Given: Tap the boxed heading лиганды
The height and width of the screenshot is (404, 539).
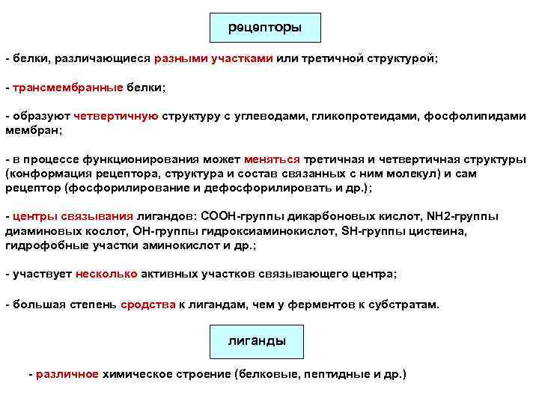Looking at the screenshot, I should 256,341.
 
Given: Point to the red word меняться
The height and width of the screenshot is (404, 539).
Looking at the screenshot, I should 272,159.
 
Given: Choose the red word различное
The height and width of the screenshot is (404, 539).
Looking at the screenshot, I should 67,373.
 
